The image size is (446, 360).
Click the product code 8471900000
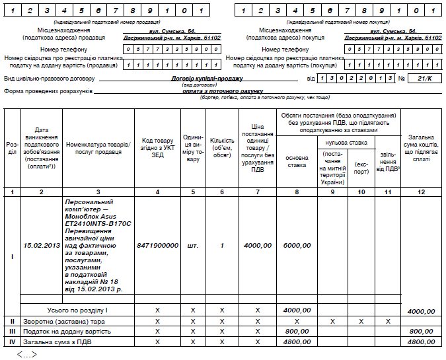pos(157,245)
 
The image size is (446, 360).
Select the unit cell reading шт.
pos(192,245)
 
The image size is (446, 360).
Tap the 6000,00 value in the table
pos(297,245)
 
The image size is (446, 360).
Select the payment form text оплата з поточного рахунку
pos(223,90)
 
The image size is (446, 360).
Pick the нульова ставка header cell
pos(343,142)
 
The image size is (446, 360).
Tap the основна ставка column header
pos(296,161)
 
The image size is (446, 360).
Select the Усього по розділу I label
pos(78,310)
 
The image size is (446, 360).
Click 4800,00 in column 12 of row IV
pos(422,342)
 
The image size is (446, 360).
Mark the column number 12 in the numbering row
pos(421,192)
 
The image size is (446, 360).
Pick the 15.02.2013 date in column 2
pos(42,245)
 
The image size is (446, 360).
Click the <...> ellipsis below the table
pos(26,355)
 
